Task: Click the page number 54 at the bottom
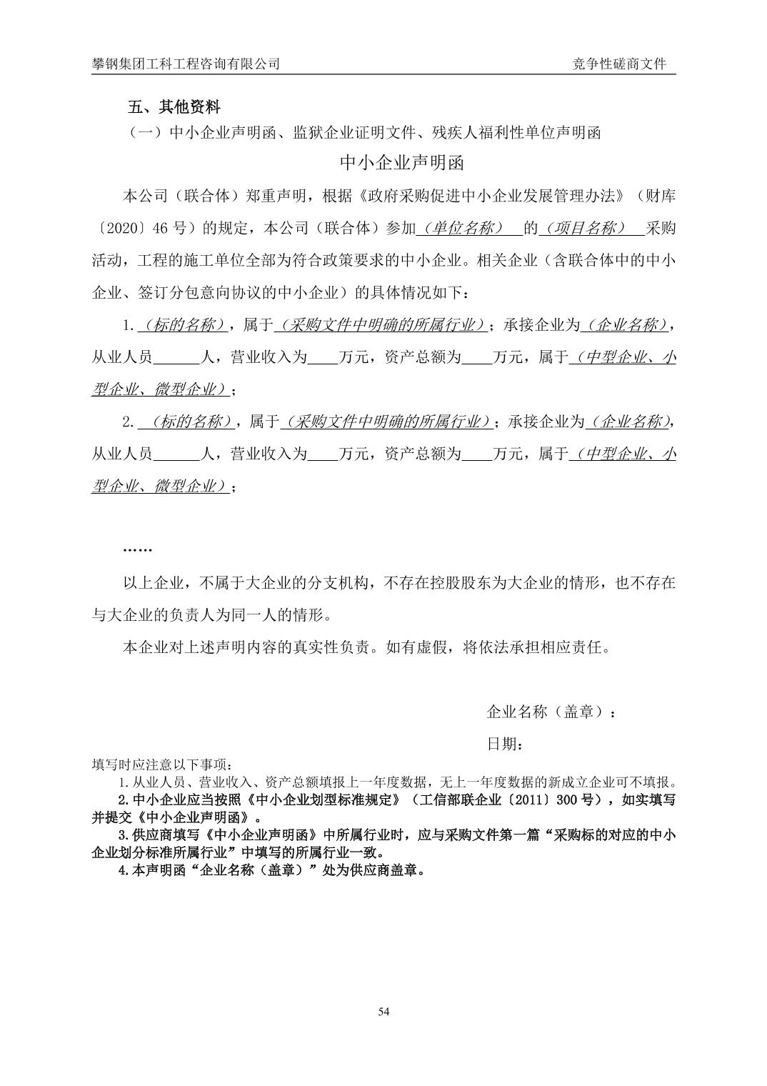coord(383,1011)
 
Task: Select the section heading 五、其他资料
coord(174,107)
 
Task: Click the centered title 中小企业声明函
coord(402,163)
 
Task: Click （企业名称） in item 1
coord(626,325)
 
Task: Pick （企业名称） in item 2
coord(628,422)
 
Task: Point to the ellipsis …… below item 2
coord(137,549)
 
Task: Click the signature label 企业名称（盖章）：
coord(551,712)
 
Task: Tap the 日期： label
coord(506,744)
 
